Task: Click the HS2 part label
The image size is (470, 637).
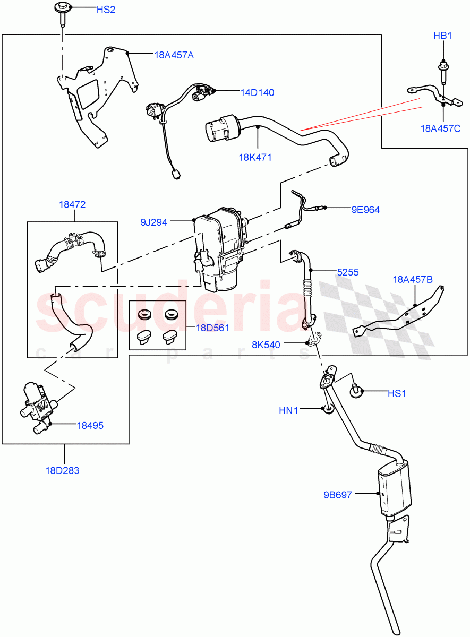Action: click(106, 10)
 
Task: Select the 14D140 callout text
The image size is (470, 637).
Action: click(257, 92)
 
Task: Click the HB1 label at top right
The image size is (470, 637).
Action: click(442, 36)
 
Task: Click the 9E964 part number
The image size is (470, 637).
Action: click(365, 210)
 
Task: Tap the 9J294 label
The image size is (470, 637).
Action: click(154, 222)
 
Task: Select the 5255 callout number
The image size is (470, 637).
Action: click(348, 272)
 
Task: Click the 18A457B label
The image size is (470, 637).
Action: click(413, 279)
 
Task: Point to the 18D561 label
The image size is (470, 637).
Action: click(212, 328)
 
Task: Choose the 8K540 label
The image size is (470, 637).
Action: click(266, 345)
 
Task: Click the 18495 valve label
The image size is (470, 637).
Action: click(90, 425)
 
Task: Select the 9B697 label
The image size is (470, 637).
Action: click(338, 495)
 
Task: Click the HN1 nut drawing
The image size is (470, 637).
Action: click(328, 409)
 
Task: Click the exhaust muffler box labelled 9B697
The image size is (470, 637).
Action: click(394, 486)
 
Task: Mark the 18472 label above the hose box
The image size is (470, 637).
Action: click(72, 204)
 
